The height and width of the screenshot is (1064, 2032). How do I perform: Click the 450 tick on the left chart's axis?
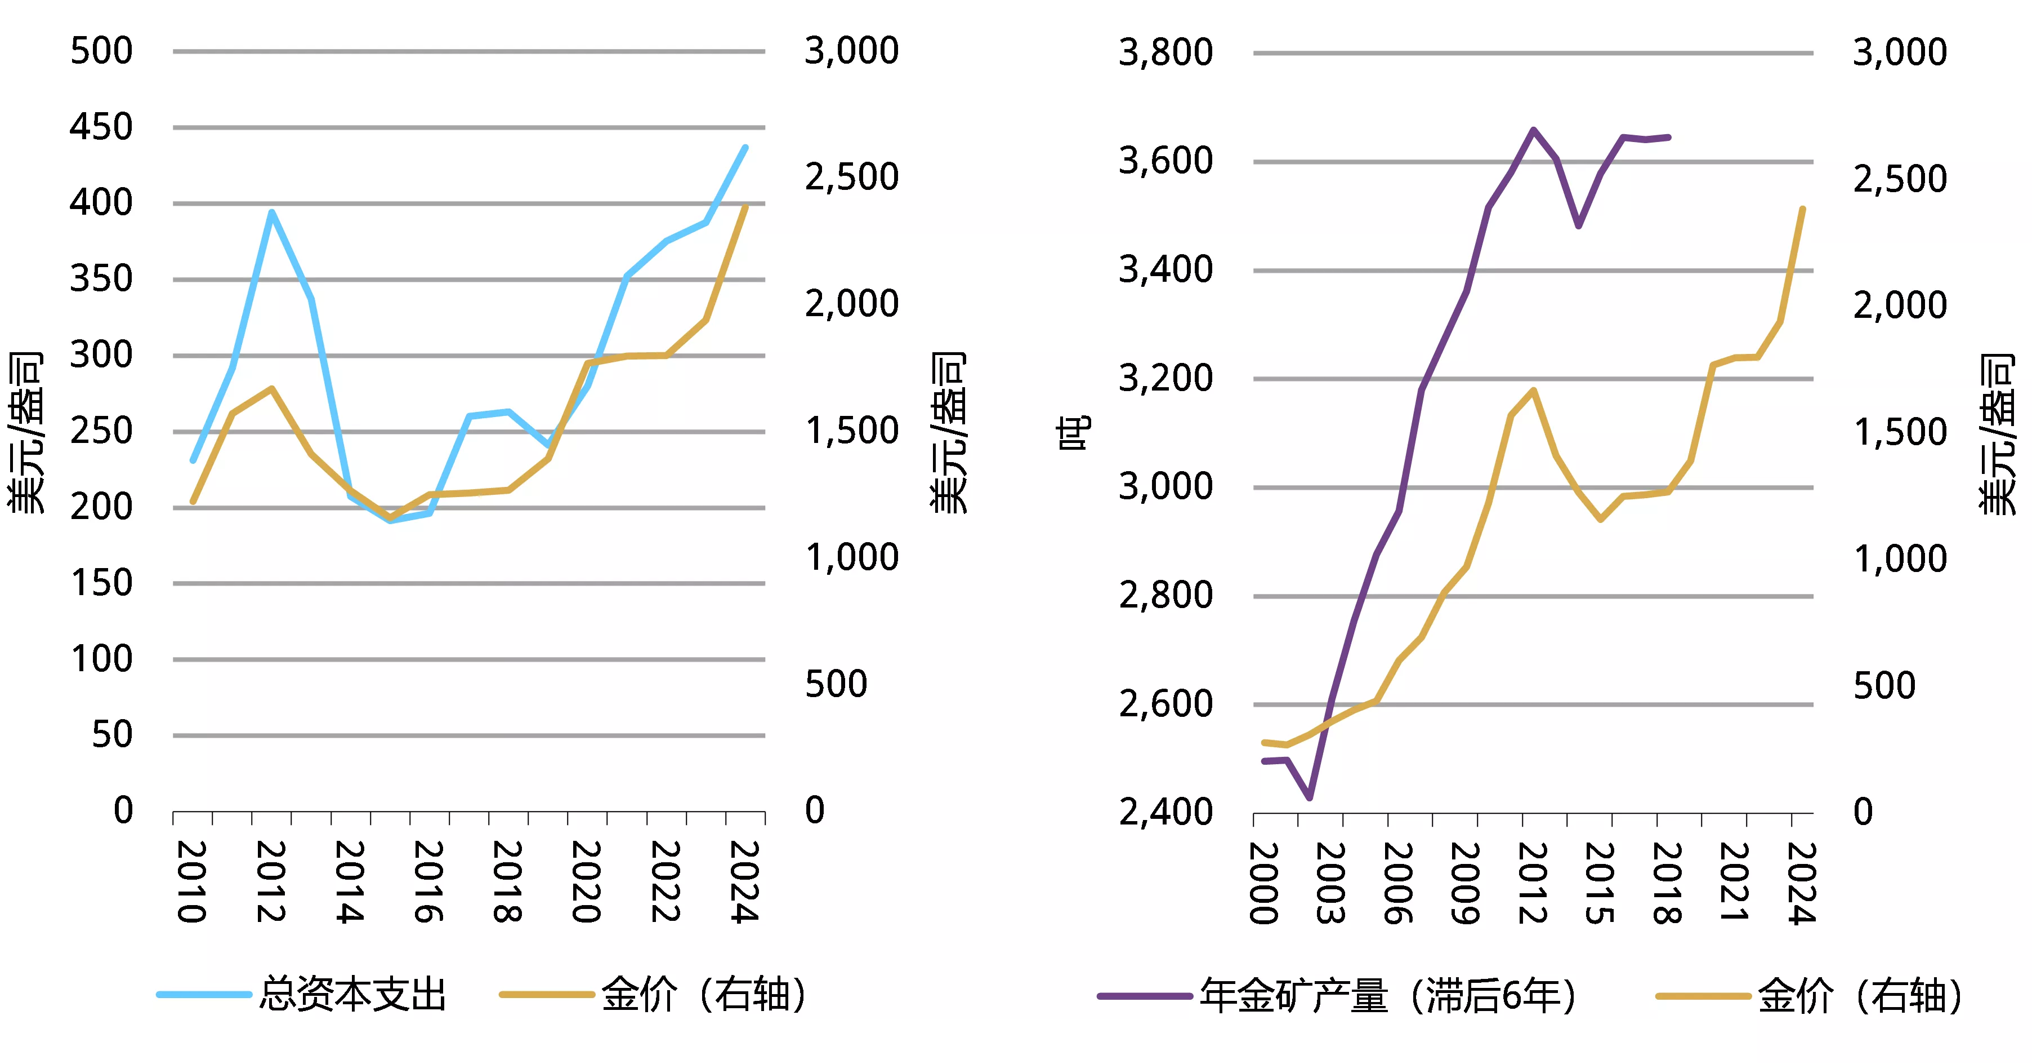coord(101,127)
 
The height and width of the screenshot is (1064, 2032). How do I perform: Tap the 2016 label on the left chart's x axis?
coord(428,881)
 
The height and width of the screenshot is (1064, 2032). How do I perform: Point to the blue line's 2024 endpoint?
coord(745,148)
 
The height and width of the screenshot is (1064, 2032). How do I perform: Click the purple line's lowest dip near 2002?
coord(1310,798)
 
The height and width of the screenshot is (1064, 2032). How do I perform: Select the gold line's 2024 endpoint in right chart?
coord(1802,209)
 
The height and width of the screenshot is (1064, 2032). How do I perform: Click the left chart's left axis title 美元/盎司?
coord(25,433)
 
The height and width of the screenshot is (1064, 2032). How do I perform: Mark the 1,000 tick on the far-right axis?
coord(1900,559)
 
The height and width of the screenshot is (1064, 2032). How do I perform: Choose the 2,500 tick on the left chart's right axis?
coord(851,177)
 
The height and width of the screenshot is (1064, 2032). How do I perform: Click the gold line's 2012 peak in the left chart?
coord(271,388)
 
